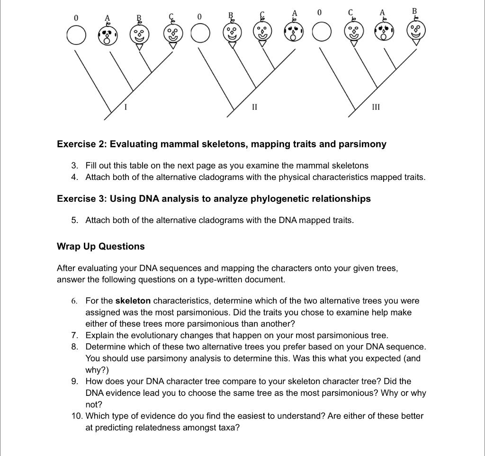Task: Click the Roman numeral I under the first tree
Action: [125, 107]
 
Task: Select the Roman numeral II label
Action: [254, 107]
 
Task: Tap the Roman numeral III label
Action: [376, 107]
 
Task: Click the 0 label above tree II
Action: [199, 18]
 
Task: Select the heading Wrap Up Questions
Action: [100, 246]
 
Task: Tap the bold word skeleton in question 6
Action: [133, 301]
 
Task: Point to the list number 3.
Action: [74, 165]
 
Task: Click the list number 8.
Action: [75, 347]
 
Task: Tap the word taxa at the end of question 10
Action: [229, 428]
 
